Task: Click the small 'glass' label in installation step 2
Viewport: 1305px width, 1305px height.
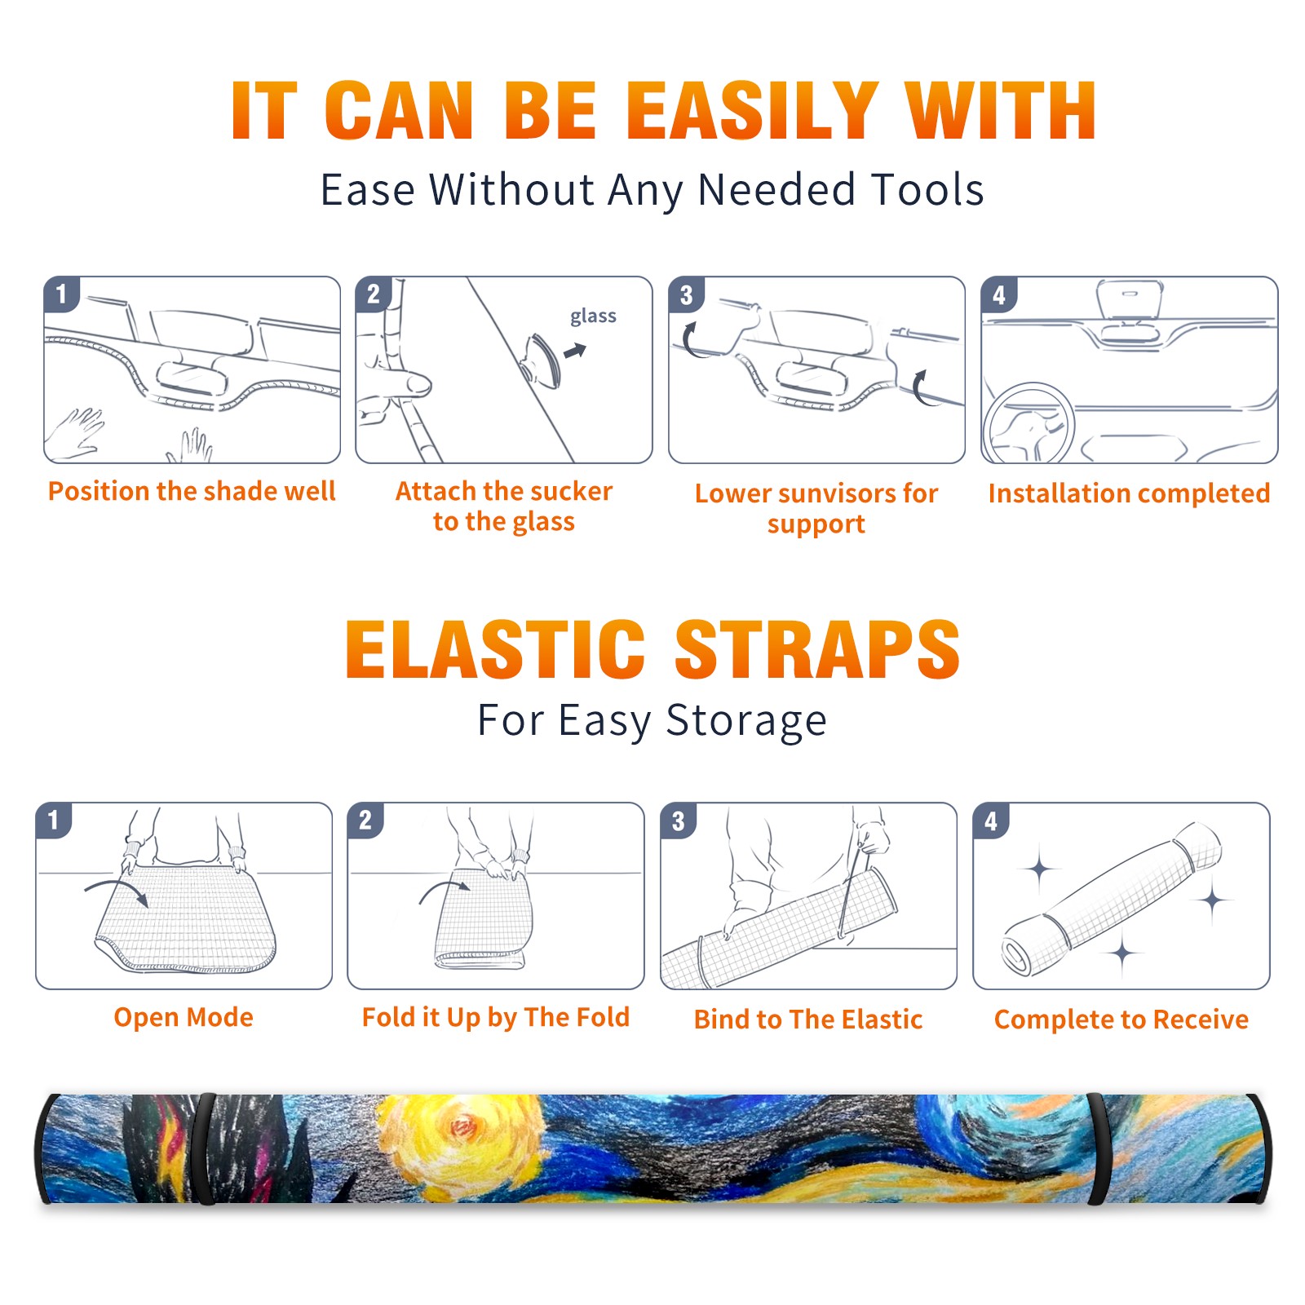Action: (x=593, y=316)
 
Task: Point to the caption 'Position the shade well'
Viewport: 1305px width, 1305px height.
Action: (x=192, y=491)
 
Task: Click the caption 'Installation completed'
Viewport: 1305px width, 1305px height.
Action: (x=1129, y=493)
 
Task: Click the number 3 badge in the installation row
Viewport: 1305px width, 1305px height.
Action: (x=687, y=294)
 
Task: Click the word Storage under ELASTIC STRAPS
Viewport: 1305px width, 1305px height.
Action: (x=746, y=721)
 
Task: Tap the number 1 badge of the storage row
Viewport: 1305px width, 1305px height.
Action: (x=54, y=820)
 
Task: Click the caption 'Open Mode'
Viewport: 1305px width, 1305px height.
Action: (x=184, y=1017)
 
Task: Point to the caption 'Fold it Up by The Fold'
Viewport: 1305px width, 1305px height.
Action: (x=496, y=1018)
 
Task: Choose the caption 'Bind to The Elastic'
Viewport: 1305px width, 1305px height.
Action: (x=808, y=1020)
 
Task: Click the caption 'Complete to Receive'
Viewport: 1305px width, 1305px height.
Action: (x=1121, y=1020)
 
